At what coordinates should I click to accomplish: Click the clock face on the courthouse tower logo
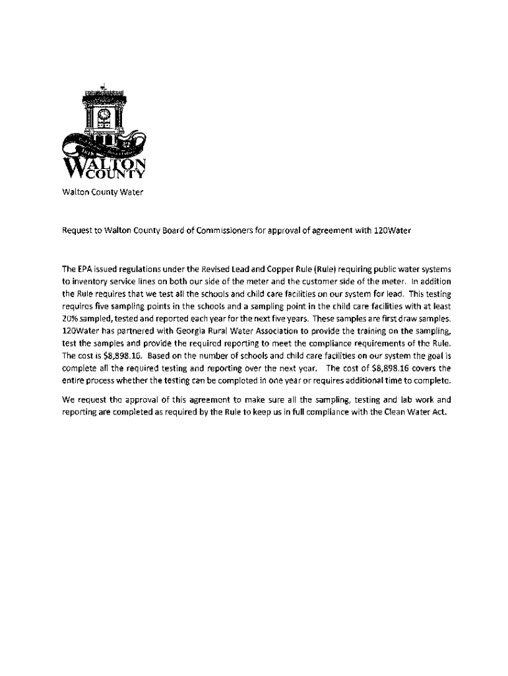tap(103, 114)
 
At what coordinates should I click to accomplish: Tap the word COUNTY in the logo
tap(119, 175)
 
